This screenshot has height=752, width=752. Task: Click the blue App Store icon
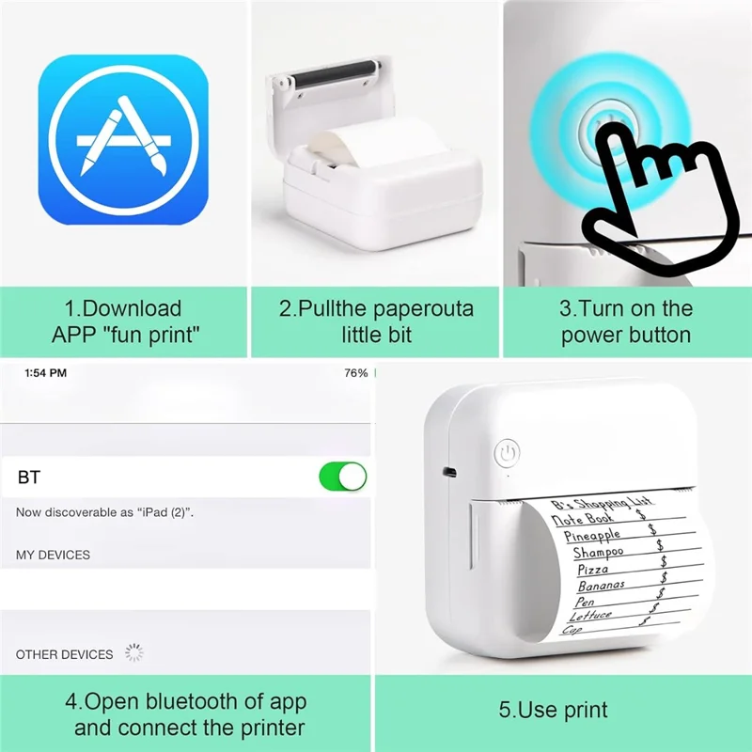pyautogui.click(x=123, y=139)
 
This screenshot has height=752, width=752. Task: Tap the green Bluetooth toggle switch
pyautogui.click(x=343, y=477)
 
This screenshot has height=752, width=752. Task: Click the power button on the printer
pyautogui.click(x=507, y=452)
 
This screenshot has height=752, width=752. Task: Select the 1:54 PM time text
pyautogui.click(x=45, y=372)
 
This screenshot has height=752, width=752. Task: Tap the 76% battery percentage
pyautogui.click(x=356, y=372)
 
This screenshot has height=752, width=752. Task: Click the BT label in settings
pyautogui.click(x=29, y=478)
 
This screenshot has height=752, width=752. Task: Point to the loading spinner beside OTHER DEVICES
pyautogui.click(x=134, y=652)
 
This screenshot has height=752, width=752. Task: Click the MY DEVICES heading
pyautogui.click(x=53, y=555)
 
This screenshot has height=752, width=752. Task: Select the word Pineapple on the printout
pyautogui.click(x=592, y=534)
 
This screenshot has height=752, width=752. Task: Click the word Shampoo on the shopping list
pyautogui.click(x=598, y=553)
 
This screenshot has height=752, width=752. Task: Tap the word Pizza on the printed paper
pyautogui.click(x=593, y=570)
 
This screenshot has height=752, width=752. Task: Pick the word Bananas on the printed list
pyautogui.click(x=602, y=585)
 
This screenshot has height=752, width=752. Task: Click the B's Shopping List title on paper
pyautogui.click(x=602, y=503)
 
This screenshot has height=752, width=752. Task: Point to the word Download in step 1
pyautogui.click(x=132, y=308)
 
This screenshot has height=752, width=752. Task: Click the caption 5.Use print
pyautogui.click(x=553, y=710)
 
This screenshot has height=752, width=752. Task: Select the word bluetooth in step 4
pyautogui.click(x=193, y=701)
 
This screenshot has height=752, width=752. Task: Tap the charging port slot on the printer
pyautogui.click(x=449, y=472)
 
